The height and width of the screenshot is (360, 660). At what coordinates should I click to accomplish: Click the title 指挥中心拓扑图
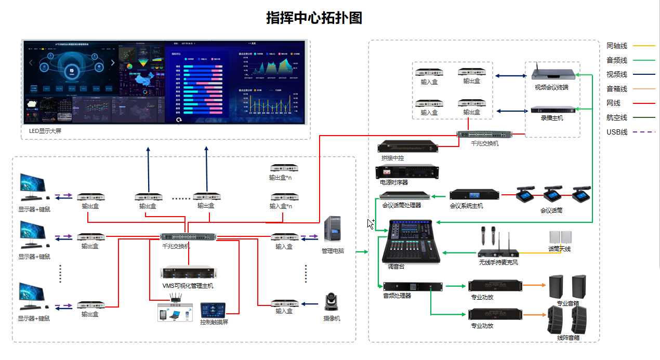(x=314, y=18)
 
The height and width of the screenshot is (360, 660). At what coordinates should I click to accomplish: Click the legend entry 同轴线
(x=617, y=46)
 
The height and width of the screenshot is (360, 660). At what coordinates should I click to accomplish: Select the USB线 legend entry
(x=617, y=132)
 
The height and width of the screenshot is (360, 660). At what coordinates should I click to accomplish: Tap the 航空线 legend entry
(x=617, y=117)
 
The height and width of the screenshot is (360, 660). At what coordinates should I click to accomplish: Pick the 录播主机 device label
(x=551, y=118)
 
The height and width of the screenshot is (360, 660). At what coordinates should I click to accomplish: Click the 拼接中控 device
(x=407, y=146)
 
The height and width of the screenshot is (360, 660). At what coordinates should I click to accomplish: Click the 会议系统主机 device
(x=474, y=194)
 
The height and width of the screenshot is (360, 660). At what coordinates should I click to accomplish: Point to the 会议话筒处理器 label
(x=401, y=205)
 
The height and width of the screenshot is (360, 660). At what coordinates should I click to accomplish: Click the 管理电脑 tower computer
(x=333, y=229)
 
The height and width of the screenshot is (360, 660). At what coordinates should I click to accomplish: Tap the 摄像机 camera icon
(x=331, y=302)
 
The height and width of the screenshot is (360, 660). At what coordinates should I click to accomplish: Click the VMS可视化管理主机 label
(x=188, y=286)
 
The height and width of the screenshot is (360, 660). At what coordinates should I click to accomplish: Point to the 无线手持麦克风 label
(x=498, y=262)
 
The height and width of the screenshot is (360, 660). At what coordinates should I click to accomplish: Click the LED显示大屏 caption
(x=45, y=131)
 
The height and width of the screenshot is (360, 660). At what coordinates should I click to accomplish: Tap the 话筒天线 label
(x=559, y=249)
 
